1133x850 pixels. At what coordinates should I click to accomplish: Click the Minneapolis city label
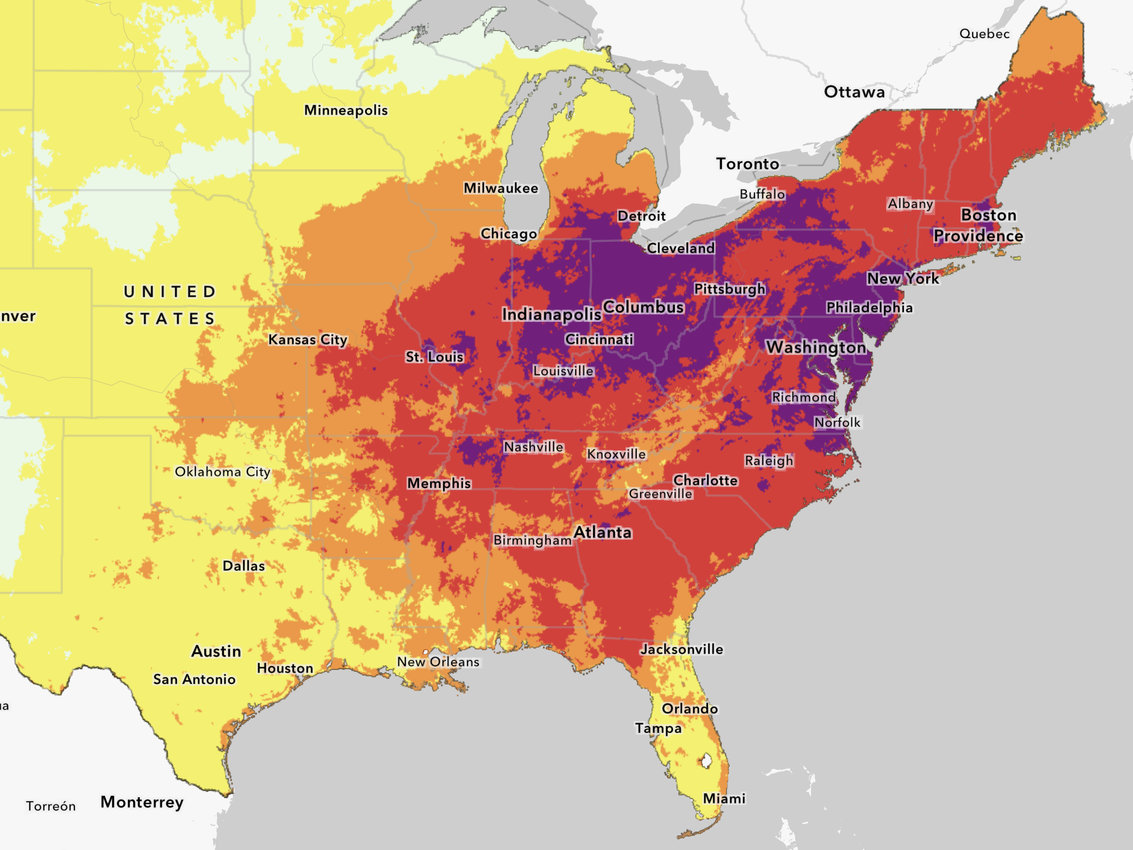345,111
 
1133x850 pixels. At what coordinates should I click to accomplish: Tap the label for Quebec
984,34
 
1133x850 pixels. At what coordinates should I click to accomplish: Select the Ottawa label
854,92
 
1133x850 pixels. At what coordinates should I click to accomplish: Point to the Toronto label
747,164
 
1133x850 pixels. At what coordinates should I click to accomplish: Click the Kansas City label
307,340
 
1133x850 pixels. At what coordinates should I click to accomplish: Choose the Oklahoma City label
223,472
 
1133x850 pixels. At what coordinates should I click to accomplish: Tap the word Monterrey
142,802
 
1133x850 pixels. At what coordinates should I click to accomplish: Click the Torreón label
51,806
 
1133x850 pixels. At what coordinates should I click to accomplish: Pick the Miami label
724,798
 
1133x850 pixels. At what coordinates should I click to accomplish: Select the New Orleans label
438,662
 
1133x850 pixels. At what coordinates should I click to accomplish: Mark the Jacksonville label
681,650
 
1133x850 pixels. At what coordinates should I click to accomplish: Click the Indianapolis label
551,314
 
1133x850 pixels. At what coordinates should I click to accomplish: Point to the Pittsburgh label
729,289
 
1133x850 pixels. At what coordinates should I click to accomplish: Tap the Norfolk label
837,422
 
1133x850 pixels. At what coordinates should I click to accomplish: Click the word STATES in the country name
170,319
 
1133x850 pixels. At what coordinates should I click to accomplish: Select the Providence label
978,236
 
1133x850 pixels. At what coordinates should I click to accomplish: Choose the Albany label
910,204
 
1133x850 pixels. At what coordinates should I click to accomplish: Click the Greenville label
660,494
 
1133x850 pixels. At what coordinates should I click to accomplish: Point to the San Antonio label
194,679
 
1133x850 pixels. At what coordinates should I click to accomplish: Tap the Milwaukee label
501,188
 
